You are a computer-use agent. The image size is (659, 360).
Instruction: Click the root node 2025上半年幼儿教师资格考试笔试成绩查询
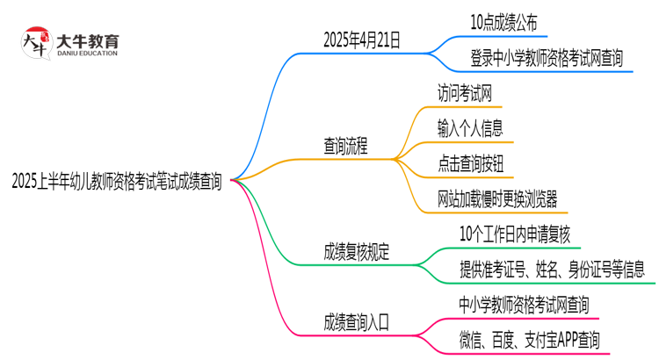tap(117, 183)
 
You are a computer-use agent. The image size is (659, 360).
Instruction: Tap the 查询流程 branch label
tap(345, 148)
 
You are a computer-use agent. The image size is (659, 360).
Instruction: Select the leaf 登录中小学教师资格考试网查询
tap(547, 59)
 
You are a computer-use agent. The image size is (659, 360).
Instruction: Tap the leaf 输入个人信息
tap(470, 128)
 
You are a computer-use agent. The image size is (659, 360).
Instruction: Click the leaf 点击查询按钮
tap(470, 164)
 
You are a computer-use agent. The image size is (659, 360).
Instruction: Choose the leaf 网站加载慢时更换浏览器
tap(496, 199)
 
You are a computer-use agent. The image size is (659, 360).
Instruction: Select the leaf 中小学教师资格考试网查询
tap(524, 304)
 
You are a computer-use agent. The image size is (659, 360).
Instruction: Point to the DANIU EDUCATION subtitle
tap(87, 54)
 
